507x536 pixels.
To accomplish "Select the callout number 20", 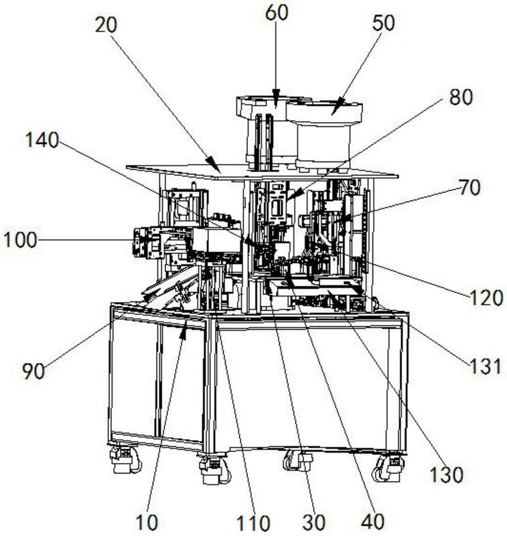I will pyautogui.click(x=105, y=25).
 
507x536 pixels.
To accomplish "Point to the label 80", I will pyautogui.click(x=459, y=97).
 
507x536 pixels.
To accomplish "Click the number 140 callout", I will pyautogui.click(x=42, y=141).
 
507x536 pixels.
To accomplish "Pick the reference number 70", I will pyautogui.click(x=469, y=188).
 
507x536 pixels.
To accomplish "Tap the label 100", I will pyautogui.click(x=19, y=239).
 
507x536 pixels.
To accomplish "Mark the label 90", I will pyautogui.click(x=33, y=371).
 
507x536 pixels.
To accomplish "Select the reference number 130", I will pyautogui.click(x=446, y=474).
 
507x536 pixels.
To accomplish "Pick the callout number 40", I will pyautogui.click(x=373, y=521).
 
